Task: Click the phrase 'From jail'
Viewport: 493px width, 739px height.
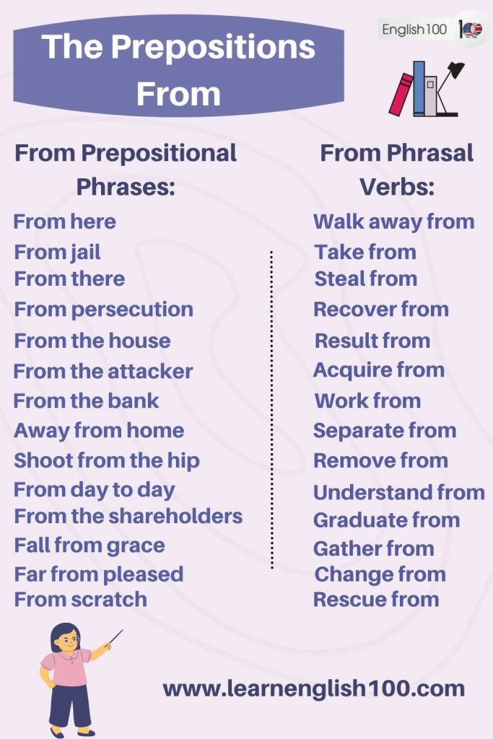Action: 57,252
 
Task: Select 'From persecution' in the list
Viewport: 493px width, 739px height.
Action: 103,309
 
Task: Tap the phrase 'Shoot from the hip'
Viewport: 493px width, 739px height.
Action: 106,460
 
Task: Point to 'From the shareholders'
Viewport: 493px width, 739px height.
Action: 128,516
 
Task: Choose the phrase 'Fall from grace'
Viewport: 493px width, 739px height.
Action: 89,545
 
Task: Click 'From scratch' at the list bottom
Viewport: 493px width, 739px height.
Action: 80,599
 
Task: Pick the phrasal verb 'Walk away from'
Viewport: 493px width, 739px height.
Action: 393,222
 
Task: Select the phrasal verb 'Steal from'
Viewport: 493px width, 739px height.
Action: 365,279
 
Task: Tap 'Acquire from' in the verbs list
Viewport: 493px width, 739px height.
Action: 378,370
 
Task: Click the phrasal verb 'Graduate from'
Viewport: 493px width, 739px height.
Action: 386,520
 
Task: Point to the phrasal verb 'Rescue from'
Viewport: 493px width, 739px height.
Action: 376,599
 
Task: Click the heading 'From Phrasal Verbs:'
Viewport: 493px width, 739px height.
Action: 396,170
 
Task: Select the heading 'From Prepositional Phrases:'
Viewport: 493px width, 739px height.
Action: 126,170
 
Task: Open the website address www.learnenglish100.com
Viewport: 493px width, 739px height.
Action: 313,688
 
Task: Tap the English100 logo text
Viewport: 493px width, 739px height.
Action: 414,30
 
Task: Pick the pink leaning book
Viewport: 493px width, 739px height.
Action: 401,94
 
